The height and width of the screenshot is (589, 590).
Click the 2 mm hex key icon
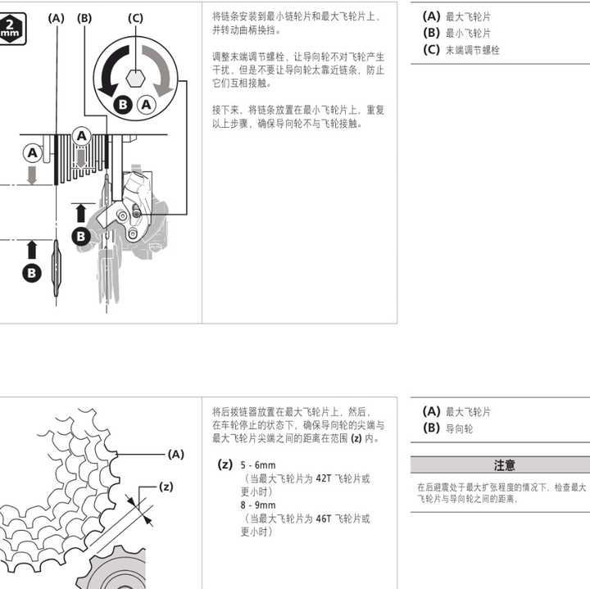click(11, 24)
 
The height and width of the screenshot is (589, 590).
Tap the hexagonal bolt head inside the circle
click(135, 80)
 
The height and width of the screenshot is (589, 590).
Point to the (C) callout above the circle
click(135, 17)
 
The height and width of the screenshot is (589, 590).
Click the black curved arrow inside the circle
click(110, 72)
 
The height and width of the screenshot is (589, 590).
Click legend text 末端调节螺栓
click(473, 50)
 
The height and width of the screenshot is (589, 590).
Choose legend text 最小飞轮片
click(468, 33)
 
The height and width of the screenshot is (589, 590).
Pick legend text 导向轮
click(459, 428)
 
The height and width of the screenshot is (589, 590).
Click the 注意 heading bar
click(503, 464)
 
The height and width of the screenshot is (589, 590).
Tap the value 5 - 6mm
click(258, 465)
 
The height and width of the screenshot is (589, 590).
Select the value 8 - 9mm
click(258, 505)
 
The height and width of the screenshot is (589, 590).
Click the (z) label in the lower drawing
click(166, 487)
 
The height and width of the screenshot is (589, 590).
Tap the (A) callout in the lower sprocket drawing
click(175, 453)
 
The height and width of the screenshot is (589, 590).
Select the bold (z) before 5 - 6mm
click(225, 465)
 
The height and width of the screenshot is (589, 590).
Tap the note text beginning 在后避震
click(501, 492)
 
